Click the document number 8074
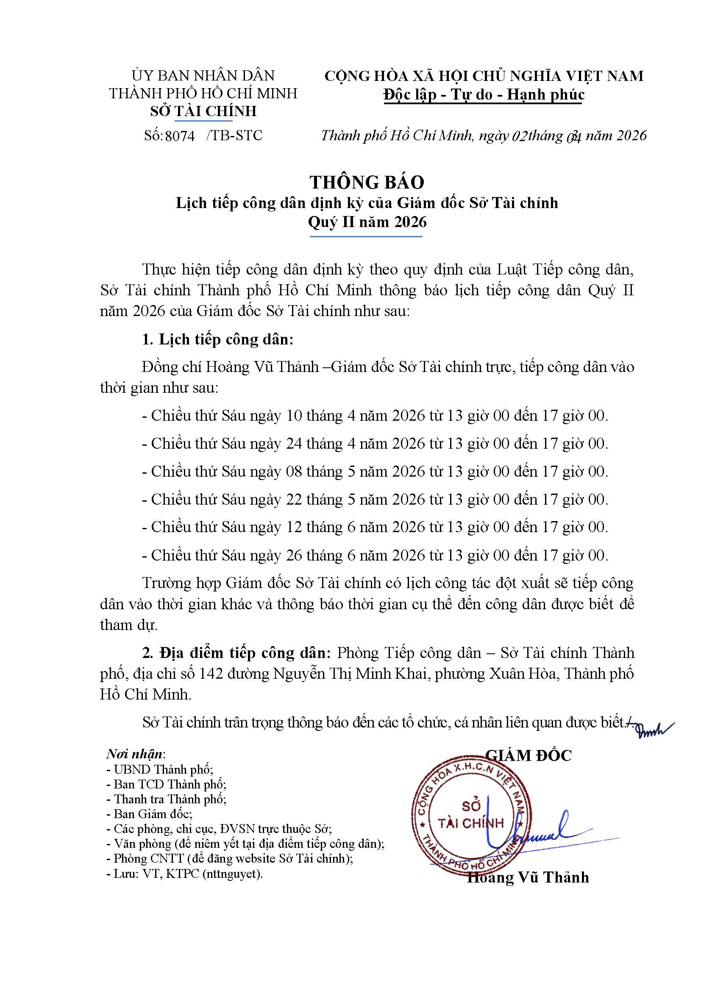tap(180, 136)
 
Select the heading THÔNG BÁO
tap(367, 182)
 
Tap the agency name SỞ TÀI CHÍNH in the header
tap(203, 111)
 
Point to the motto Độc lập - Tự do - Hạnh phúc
tap(484, 94)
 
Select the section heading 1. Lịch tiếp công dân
tap(217, 339)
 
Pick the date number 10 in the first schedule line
tap(294, 416)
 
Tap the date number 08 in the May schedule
tap(294, 471)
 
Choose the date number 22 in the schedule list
tap(294, 500)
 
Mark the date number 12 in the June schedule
tap(294, 527)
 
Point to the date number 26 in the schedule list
tap(294, 555)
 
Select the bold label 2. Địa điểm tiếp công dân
tap(236, 652)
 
